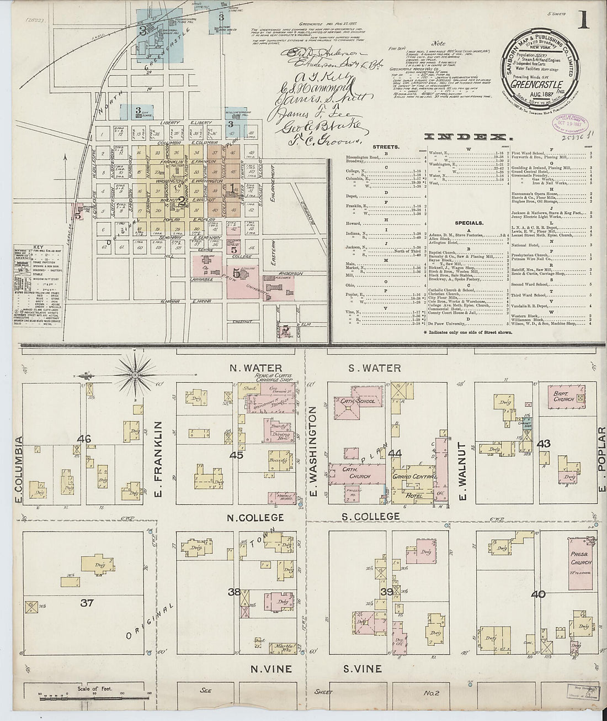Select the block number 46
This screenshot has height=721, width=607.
point(84,439)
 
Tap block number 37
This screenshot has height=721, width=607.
point(87,603)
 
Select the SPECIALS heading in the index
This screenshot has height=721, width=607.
point(470,223)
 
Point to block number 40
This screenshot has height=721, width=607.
point(538,594)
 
